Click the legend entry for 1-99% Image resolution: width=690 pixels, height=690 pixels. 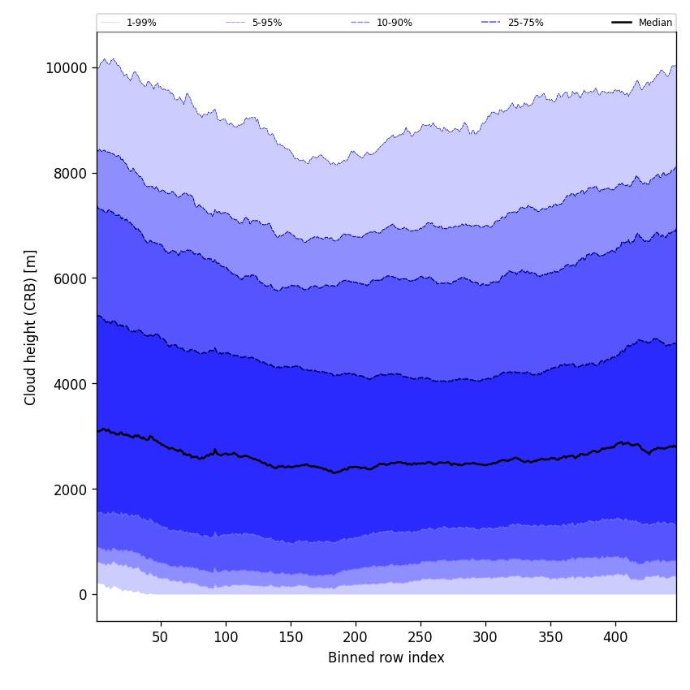(x=140, y=23)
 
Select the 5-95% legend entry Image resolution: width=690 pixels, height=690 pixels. (x=266, y=23)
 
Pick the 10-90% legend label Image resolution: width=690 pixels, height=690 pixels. (x=394, y=23)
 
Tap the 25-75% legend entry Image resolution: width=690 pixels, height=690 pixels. (x=525, y=23)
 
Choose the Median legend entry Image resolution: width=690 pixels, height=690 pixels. (x=654, y=23)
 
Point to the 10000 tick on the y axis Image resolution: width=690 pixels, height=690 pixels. (x=67, y=67)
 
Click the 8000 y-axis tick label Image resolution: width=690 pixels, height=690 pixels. (x=70, y=173)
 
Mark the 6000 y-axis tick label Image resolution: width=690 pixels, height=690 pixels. (x=70, y=278)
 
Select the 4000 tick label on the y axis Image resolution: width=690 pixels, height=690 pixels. (x=70, y=384)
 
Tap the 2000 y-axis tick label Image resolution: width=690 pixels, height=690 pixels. (x=70, y=489)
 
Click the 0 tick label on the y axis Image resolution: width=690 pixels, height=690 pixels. (x=84, y=595)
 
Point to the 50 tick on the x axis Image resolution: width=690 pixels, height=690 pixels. (x=160, y=637)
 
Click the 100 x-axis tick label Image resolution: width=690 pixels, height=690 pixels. (x=225, y=637)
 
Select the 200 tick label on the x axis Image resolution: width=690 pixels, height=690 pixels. (x=355, y=637)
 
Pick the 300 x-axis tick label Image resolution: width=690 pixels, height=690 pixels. (x=485, y=637)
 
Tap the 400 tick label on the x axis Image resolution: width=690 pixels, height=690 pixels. (x=615, y=637)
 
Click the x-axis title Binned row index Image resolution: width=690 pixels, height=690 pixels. (x=386, y=658)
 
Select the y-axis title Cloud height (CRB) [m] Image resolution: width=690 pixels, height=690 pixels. (x=31, y=327)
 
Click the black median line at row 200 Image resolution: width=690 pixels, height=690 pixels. (x=355, y=467)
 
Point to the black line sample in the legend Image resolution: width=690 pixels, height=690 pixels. (x=623, y=23)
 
